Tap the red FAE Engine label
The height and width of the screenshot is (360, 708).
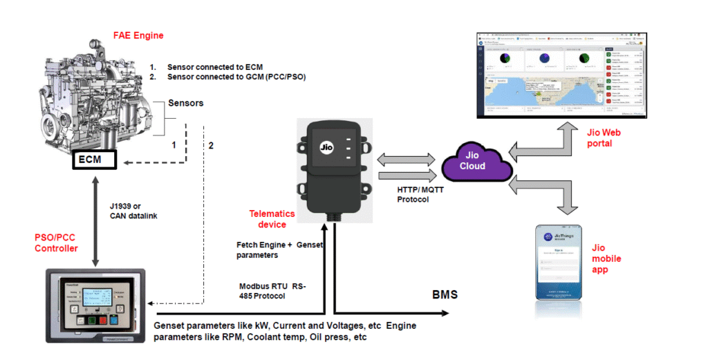click(138, 35)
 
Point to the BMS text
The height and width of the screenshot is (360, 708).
click(445, 296)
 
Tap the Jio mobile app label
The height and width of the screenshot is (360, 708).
click(607, 258)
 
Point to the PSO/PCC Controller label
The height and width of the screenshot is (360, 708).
click(57, 243)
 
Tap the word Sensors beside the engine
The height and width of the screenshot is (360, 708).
click(185, 103)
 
